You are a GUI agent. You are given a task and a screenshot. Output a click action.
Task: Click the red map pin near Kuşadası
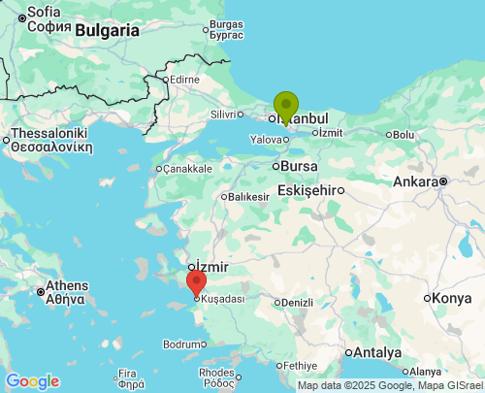[196, 282]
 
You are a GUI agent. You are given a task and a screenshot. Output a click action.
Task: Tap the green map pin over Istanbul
[285, 105]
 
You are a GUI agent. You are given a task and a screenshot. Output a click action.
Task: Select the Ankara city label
[415, 181]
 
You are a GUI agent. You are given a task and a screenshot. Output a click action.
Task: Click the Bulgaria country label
[107, 30]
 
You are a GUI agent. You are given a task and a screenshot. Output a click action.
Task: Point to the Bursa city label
[300, 166]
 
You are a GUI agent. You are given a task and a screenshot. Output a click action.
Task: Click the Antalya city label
[378, 351]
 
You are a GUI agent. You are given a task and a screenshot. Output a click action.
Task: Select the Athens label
[67, 286]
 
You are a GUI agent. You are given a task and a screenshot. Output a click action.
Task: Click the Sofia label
[44, 11]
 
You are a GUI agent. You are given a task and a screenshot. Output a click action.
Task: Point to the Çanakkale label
[186, 169]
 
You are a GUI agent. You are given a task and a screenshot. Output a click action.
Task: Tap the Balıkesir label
[248, 197]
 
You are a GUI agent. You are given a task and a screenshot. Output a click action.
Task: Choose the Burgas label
[226, 23]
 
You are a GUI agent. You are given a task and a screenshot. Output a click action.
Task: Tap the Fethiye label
[297, 366]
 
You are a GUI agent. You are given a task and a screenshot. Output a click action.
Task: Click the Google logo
[32, 381]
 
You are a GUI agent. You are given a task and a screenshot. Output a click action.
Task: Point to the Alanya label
[425, 372]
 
